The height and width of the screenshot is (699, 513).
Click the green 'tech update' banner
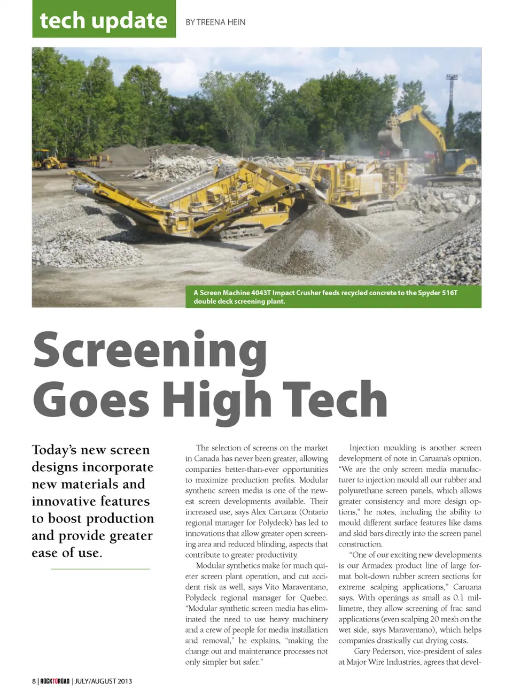pyautogui.click(x=104, y=20)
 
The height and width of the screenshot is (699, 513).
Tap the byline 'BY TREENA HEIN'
pyautogui.click(x=215, y=22)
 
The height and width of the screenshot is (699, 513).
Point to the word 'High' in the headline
pyautogui.click(x=216, y=401)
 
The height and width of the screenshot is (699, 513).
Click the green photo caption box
pyautogui.click(x=334, y=297)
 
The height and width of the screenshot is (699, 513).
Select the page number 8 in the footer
pyautogui.click(x=34, y=681)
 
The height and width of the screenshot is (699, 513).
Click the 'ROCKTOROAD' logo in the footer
pyautogui.click(x=55, y=681)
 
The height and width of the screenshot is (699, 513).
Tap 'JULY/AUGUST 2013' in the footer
pyautogui.click(x=103, y=681)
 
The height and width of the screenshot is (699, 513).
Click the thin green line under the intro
pyautogui.click(x=100, y=569)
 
